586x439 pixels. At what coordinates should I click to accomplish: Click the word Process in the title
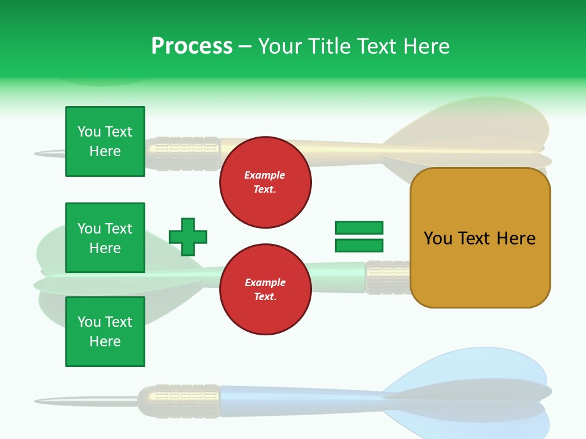click(192, 46)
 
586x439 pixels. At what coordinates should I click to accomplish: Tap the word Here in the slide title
click(425, 46)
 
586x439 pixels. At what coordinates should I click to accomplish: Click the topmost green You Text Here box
click(105, 141)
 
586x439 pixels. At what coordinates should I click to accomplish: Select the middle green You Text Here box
click(105, 238)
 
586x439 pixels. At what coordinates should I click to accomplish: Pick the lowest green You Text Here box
click(105, 331)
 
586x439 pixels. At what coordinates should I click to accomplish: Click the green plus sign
click(188, 237)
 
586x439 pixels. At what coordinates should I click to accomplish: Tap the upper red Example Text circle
click(265, 182)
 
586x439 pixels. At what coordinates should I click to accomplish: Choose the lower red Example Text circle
click(265, 290)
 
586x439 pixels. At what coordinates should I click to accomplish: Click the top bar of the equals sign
click(359, 227)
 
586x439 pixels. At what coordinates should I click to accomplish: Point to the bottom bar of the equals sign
click(359, 246)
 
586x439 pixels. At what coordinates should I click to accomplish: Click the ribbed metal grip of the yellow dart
click(183, 152)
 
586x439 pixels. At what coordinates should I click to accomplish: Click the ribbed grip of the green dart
click(388, 277)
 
